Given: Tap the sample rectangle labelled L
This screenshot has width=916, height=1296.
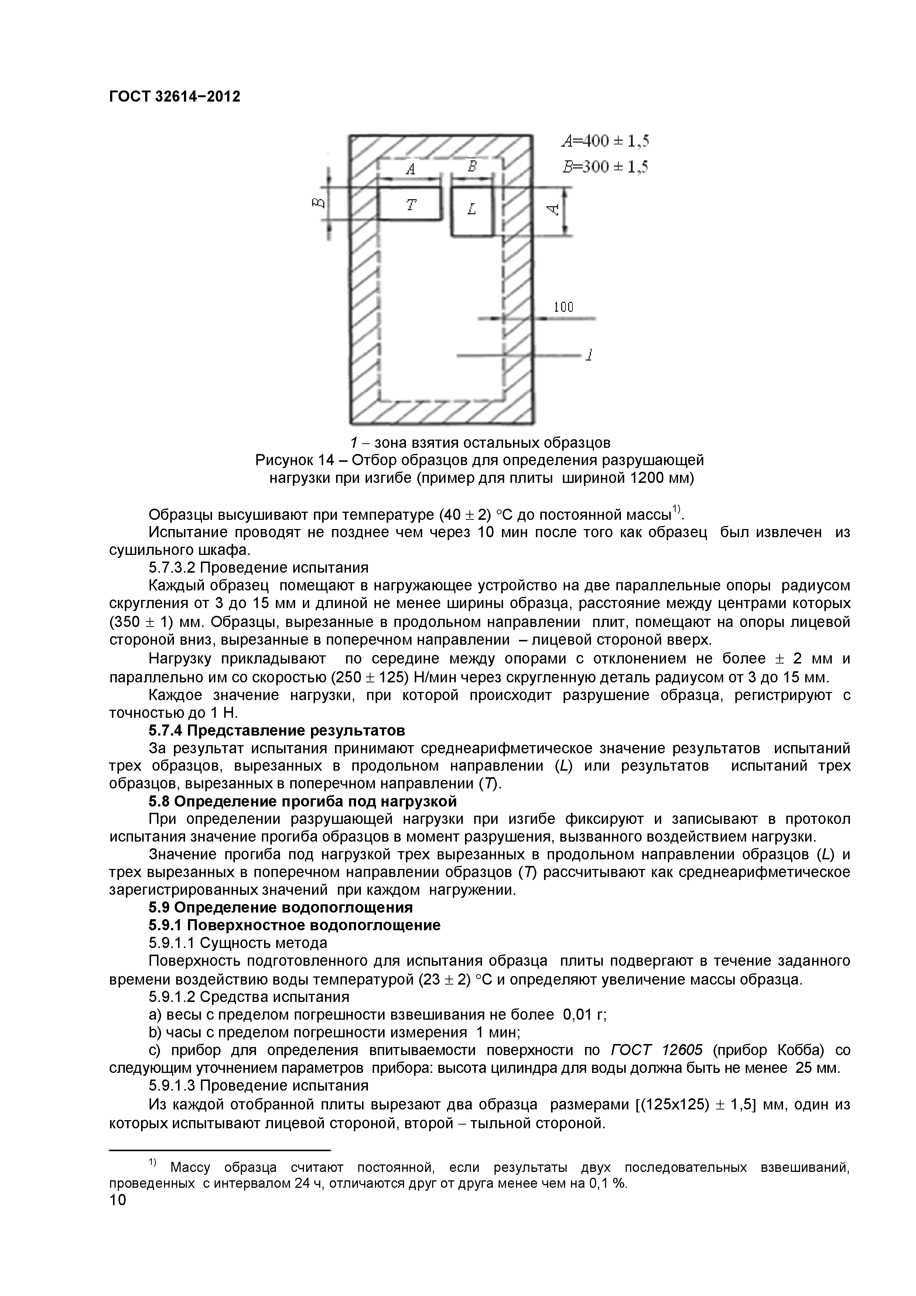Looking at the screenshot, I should (x=472, y=210).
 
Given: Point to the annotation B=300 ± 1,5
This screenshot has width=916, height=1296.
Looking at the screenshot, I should (x=605, y=167).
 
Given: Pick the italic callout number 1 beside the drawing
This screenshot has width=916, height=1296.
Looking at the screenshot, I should (x=589, y=355).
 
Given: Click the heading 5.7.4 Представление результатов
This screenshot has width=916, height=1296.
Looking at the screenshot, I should (x=277, y=730).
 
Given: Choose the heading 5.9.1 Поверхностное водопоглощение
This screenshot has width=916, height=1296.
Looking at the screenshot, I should (x=295, y=925).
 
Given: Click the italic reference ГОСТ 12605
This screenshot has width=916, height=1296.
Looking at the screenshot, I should (x=657, y=1050).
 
